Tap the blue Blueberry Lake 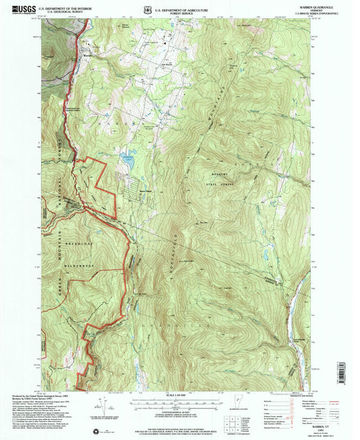click(x=126, y=160)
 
